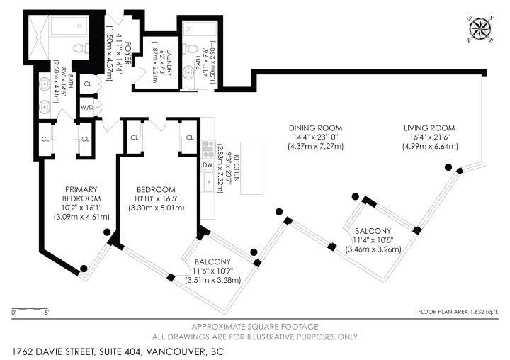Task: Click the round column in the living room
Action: (448, 167)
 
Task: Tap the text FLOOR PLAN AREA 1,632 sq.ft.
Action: (458, 313)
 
